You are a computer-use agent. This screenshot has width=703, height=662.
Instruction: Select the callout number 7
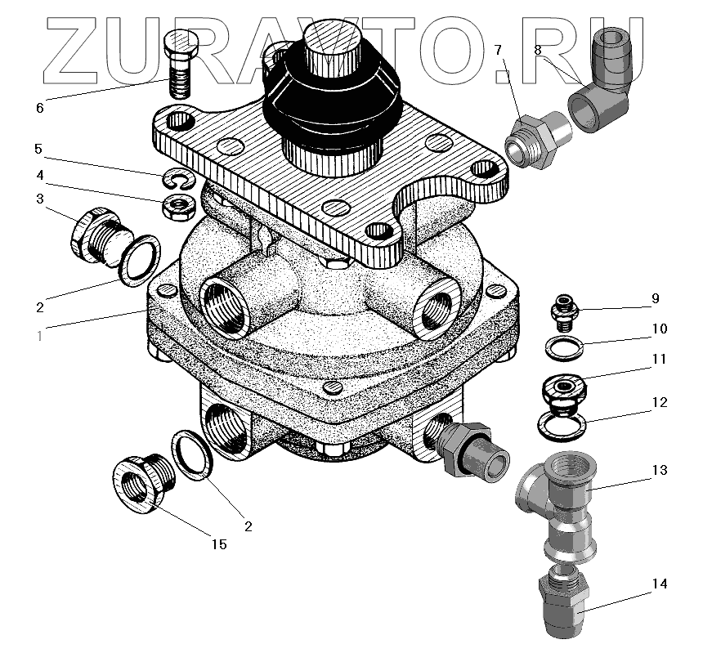pyautogui.click(x=499, y=51)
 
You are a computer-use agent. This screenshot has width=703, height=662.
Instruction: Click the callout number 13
pyautogui.click(x=660, y=470)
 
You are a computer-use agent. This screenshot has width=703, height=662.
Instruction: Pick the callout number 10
pyautogui.click(x=659, y=329)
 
